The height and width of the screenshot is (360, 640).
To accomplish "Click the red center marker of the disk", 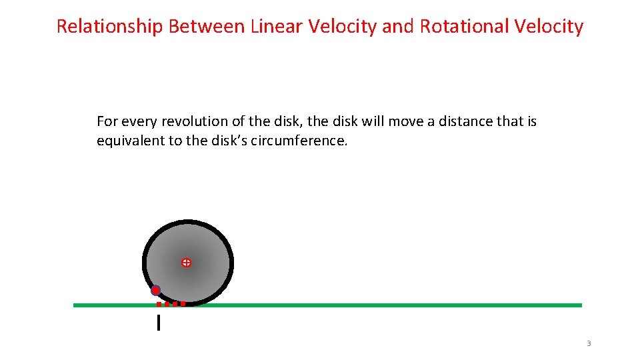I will click(187, 263).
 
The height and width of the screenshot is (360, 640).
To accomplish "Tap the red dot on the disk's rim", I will click(156, 290).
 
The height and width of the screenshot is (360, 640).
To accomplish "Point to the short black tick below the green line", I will click(158, 323).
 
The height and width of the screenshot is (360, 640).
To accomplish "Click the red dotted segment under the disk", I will click(171, 304).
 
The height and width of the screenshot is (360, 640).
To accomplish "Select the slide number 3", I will click(589, 343).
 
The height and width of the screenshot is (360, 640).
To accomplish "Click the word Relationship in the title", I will click(110, 27).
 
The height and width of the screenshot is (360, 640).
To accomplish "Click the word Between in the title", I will click(207, 27).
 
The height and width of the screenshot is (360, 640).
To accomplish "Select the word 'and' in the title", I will click(399, 27).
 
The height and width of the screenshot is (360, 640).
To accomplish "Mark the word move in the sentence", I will click(403, 121).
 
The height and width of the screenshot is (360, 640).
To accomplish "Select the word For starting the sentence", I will click(106, 121).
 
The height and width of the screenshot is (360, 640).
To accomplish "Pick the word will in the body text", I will click(372, 121).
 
